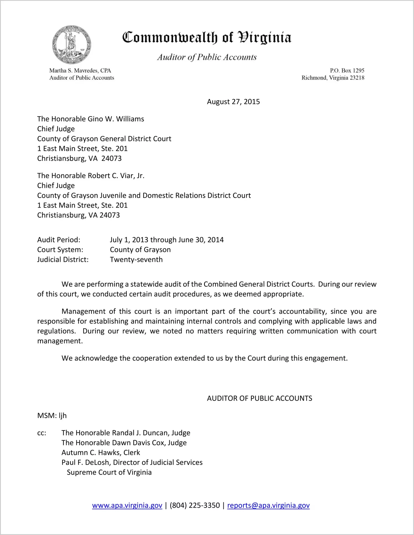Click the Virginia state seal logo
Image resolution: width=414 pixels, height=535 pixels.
tap(71, 45)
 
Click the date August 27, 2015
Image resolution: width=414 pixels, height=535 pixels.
tap(233, 102)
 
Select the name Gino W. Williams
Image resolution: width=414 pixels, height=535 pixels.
tap(116, 119)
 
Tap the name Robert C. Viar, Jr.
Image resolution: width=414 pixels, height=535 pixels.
tap(116, 176)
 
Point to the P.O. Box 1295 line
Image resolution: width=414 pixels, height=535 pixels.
tap(347, 70)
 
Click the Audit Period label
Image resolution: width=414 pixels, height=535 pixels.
tap(59, 240)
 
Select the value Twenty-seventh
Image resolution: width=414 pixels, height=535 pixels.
tap(136, 260)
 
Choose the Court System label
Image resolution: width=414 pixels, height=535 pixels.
tap(60, 250)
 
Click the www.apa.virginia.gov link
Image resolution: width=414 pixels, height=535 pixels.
tap(127, 505)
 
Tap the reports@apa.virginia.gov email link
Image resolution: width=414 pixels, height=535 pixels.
tap(268, 505)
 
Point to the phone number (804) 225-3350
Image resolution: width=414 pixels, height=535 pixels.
tap(195, 505)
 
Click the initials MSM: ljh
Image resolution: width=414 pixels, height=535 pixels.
tap(52, 416)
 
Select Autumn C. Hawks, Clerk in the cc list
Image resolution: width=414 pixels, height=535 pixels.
tap(101, 452)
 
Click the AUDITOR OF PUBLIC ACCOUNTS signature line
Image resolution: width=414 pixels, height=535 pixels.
tap(259, 398)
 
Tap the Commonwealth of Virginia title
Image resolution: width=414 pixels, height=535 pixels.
tap(207, 37)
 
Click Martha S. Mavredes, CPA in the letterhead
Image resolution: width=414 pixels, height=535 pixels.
tap(80, 70)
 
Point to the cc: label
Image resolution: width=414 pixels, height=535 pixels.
tap(42, 433)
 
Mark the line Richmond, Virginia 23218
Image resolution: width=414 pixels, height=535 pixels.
tap(333, 78)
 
